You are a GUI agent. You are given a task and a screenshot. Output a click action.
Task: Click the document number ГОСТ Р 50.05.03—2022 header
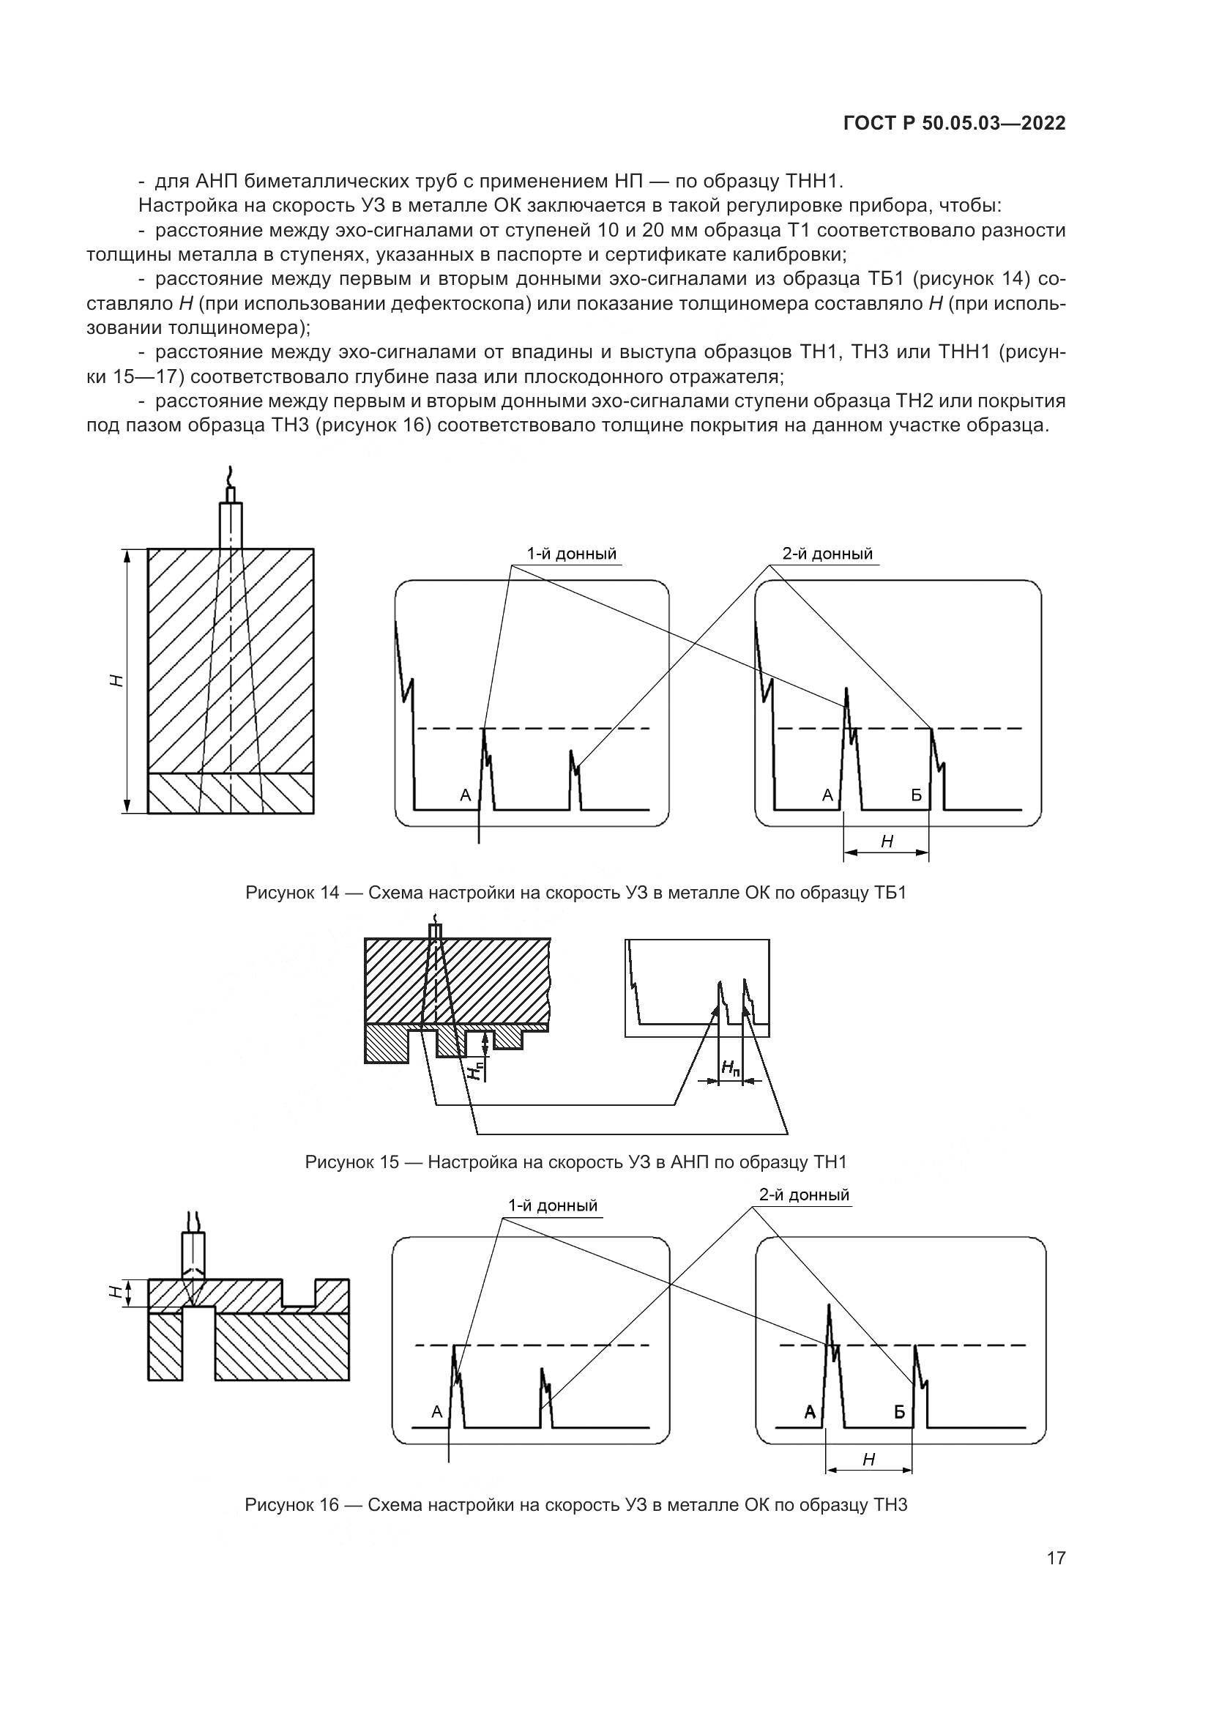954,124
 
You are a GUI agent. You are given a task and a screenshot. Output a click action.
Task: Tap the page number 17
1056,1558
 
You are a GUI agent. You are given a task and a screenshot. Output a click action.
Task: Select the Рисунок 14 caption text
575,892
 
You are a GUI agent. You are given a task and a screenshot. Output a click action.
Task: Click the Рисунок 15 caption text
575,1162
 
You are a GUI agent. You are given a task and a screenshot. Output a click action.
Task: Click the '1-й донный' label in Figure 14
572,554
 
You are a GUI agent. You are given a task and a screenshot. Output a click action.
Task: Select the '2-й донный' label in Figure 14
827,554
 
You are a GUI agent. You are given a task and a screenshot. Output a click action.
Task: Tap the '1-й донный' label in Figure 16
553,1205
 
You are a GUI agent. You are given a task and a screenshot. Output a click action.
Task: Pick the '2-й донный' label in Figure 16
804,1194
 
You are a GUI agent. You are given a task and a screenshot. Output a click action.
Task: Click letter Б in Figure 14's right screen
917,795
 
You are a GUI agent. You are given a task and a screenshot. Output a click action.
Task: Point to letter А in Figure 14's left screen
466,795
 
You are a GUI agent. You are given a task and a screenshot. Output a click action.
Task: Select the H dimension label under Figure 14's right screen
887,842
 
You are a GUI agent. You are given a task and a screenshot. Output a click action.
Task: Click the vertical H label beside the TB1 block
116,680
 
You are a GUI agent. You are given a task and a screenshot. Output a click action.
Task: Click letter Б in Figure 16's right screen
899,1411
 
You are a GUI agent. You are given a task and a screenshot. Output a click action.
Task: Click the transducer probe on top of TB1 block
231,522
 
